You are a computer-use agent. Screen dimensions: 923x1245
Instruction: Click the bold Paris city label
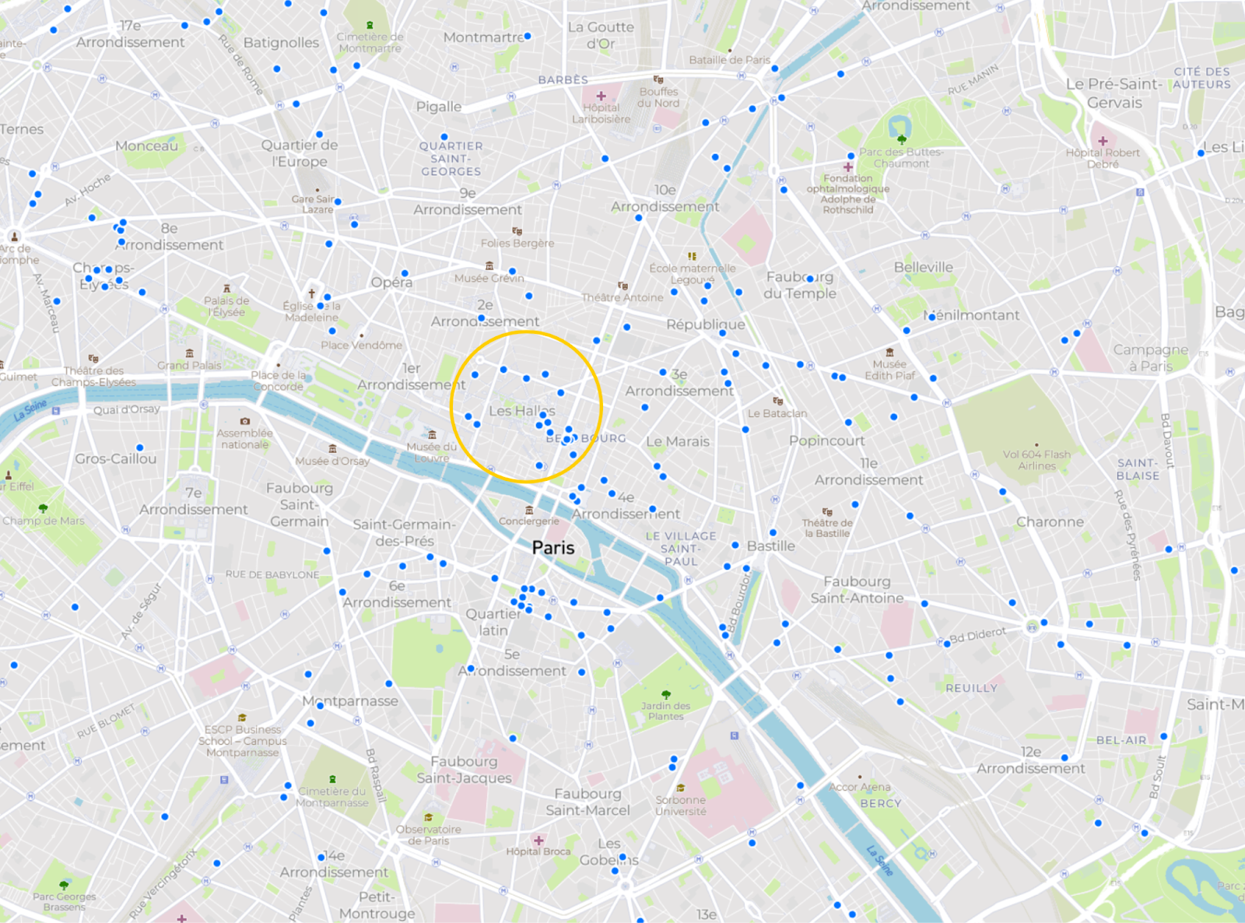[x=553, y=548]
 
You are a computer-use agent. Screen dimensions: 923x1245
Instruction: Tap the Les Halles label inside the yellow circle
[x=521, y=411]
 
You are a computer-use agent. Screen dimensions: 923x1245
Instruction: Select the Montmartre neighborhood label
[x=483, y=37]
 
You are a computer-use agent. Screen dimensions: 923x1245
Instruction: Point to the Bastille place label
[x=770, y=546]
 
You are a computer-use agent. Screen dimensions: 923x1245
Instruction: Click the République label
[x=705, y=325]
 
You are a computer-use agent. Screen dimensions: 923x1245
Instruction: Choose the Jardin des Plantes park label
[x=665, y=711]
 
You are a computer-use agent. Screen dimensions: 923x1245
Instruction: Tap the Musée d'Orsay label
[x=332, y=461]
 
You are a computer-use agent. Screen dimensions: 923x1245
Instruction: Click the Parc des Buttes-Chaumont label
[x=901, y=158]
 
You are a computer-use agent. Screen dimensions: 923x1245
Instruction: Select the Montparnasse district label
[x=350, y=701]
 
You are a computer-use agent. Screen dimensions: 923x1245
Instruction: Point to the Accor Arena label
[x=860, y=788]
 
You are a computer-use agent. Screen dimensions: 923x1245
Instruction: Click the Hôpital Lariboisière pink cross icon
[x=601, y=97]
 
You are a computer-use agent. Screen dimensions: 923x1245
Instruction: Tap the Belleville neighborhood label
[x=923, y=268]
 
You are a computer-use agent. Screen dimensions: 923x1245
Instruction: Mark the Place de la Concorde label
[x=278, y=381]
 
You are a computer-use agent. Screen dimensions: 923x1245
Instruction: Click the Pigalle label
[x=438, y=107]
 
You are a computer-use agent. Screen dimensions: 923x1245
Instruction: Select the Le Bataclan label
[x=777, y=413]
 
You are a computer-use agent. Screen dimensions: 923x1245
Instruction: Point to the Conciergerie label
[x=529, y=521]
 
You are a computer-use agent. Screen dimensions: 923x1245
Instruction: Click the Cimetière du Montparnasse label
[x=332, y=797]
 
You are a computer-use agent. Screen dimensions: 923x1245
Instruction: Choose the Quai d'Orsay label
[x=127, y=409]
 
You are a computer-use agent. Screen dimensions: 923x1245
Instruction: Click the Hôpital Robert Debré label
[x=1103, y=158]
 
